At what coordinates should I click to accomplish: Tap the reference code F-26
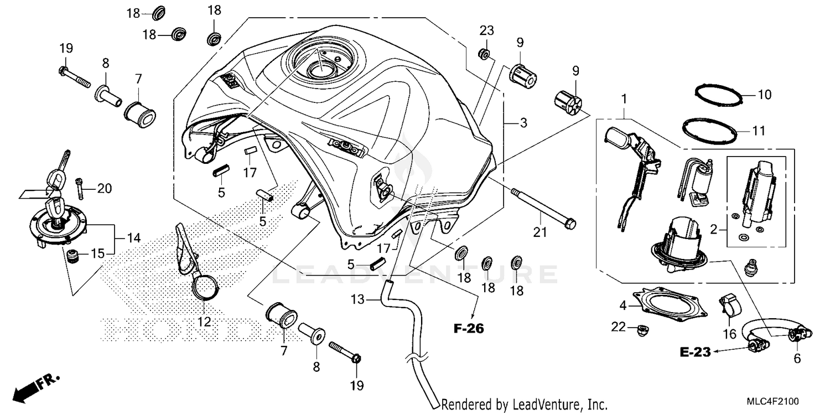469,329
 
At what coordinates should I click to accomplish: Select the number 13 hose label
359,299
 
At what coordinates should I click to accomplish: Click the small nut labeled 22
642,329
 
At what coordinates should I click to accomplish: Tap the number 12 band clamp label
204,322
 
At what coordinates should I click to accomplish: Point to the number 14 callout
133,239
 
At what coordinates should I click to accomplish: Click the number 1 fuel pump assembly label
625,100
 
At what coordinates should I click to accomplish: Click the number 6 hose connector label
797,359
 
